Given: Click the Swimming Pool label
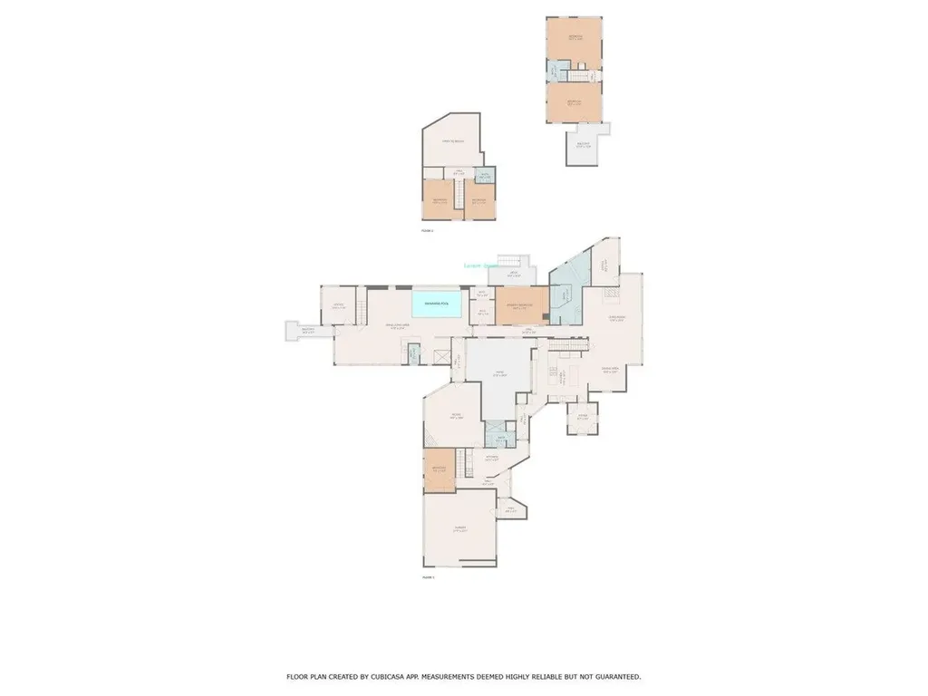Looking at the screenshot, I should click(x=439, y=303).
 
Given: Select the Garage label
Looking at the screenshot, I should click(x=460, y=530).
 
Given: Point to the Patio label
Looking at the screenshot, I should click(x=498, y=373).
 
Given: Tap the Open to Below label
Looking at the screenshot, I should click(x=453, y=141).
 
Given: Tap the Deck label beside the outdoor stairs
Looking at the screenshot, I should click(x=512, y=273).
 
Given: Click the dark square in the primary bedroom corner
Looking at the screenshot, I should click(x=544, y=317).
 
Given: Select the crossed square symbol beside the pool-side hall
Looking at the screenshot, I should click(x=442, y=357).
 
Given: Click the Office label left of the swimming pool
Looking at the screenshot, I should click(x=338, y=305).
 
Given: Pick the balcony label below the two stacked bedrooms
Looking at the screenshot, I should click(x=584, y=145).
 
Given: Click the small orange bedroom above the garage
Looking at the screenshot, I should click(x=439, y=470).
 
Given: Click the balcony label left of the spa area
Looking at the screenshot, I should click(x=308, y=331).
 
